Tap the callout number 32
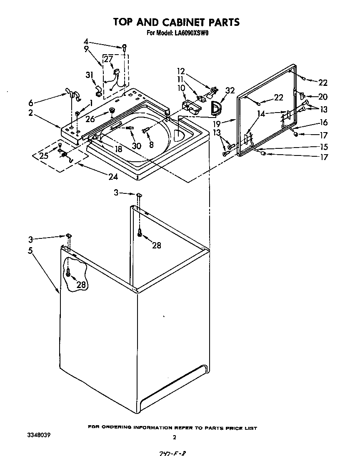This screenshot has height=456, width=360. (x=230, y=90)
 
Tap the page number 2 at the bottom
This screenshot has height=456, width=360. (x=174, y=437)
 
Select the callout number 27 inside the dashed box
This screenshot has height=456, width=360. (x=108, y=60)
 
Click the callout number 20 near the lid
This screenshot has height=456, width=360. (x=322, y=97)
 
